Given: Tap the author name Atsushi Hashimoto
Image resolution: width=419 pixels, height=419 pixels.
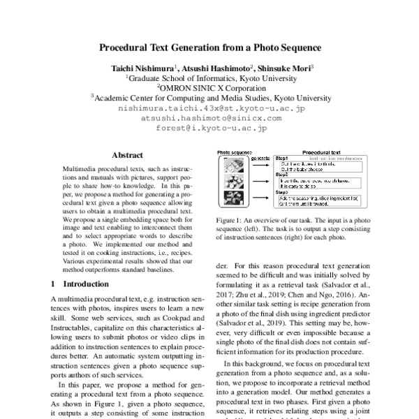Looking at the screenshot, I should tap(209, 68).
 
